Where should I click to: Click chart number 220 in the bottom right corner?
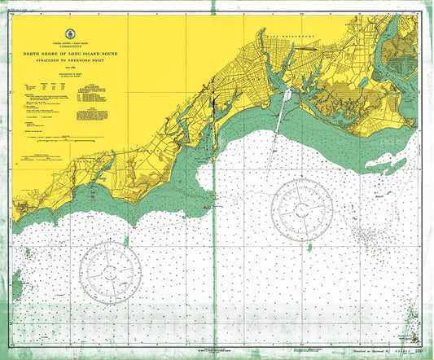click(x=417, y=352)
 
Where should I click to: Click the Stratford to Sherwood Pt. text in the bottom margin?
click(x=362, y=353)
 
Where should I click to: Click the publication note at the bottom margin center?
click(x=217, y=350)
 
